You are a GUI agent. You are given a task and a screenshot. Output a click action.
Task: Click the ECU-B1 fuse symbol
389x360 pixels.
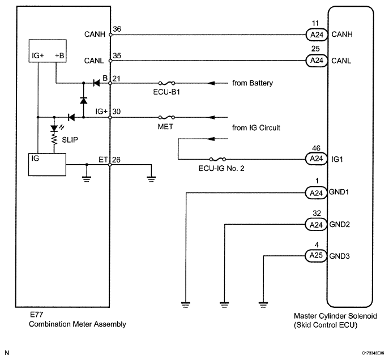pyautogui.click(x=166, y=83)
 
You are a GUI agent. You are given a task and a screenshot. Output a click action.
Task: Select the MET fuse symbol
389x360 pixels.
pyautogui.click(x=166, y=117)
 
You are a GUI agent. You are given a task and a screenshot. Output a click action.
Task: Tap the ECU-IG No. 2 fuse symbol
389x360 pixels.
pyautogui.click(x=217, y=159)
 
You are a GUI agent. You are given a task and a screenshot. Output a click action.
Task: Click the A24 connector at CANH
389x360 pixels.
pyautogui.click(x=317, y=35)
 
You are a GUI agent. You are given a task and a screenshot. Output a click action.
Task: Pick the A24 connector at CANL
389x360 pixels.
pyautogui.click(x=317, y=61)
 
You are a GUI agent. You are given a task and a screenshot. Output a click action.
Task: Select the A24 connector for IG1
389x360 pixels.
pyautogui.click(x=316, y=159)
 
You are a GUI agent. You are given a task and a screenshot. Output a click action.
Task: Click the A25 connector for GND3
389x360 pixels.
pyautogui.click(x=316, y=256)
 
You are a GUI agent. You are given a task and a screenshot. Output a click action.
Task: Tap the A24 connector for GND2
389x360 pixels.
pyautogui.click(x=316, y=224)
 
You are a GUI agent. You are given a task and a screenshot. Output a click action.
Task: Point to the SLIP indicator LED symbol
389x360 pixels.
pyautogui.click(x=54, y=128)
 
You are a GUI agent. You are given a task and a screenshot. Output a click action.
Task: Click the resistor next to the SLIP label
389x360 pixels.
pyautogui.click(x=54, y=139)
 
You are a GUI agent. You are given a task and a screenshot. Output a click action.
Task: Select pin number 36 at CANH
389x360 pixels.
pyautogui.click(x=117, y=29)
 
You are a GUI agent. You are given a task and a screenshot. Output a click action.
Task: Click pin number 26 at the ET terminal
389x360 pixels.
pyautogui.click(x=116, y=160)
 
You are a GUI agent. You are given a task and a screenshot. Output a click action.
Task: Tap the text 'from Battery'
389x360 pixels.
pyautogui.click(x=253, y=83)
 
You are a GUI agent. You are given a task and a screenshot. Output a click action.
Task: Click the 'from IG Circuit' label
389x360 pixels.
pyautogui.click(x=256, y=128)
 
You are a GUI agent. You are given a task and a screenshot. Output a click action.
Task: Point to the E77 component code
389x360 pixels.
pyautogui.click(x=36, y=315)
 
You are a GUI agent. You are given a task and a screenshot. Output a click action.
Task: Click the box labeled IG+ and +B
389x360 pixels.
pyautogui.click(x=48, y=51)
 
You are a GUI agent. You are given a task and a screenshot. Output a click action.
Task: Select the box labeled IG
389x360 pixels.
pyautogui.click(x=47, y=165)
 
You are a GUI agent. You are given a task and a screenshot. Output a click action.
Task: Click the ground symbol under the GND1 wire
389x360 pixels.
pyautogui.click(x=186, y=305)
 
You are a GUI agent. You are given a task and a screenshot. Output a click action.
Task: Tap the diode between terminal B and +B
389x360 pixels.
pyautogui.click(x=96, y=83)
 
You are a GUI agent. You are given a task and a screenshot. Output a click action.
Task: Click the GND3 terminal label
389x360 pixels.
pyautogui.click(x=339, y=256)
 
